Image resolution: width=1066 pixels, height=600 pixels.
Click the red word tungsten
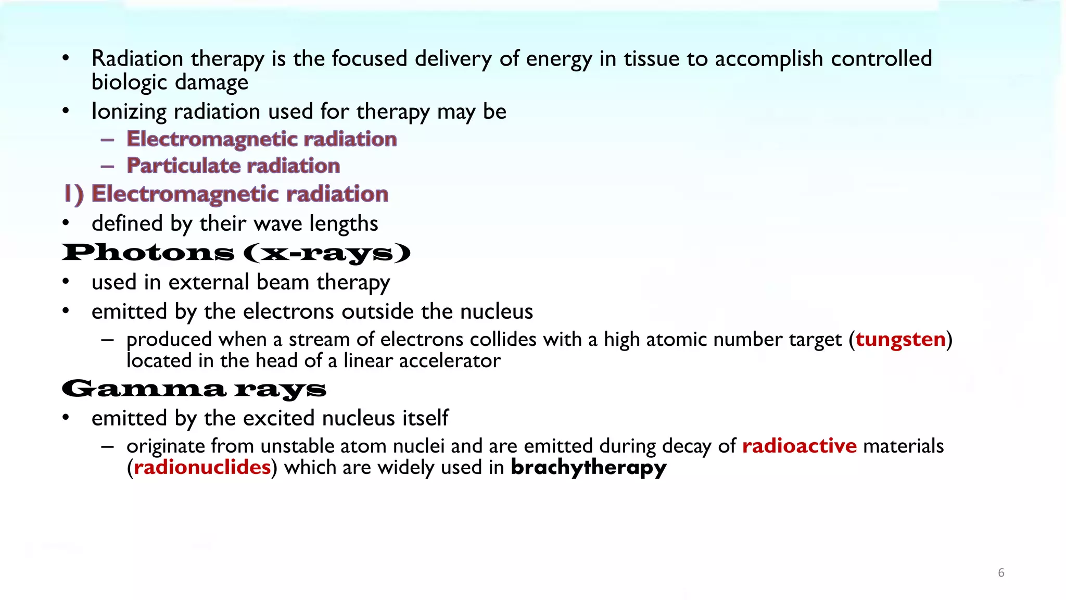pyautogui.click(x=900, y=340)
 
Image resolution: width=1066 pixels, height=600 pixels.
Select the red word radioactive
pyautogui.click(x=799, y=446)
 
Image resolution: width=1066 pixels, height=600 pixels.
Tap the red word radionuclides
pyautogui.click(x=202, y=468)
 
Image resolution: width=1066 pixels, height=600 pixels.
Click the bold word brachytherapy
pyautogui.click(x=588, y=468)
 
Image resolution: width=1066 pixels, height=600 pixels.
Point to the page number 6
pyautogui.click(x=1001, y=573)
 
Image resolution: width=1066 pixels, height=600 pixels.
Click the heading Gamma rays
pyautogui.click(x=194, y=389)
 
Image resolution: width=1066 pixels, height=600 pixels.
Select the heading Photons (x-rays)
pyautogui.click(x=236, y=253)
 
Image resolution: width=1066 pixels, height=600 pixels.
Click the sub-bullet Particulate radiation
pyautogui.click(x=233, y=166)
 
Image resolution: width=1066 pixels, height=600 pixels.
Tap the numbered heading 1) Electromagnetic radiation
pyautogui.click(x=226, y=194)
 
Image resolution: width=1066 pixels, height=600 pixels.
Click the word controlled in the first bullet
pyautogui.click(x=881, y=59)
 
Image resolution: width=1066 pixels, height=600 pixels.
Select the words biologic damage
pyautogui.click(x=170, y=83)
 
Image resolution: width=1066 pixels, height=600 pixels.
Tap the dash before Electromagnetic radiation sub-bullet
pyautogui.click(x=108, y=140)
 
